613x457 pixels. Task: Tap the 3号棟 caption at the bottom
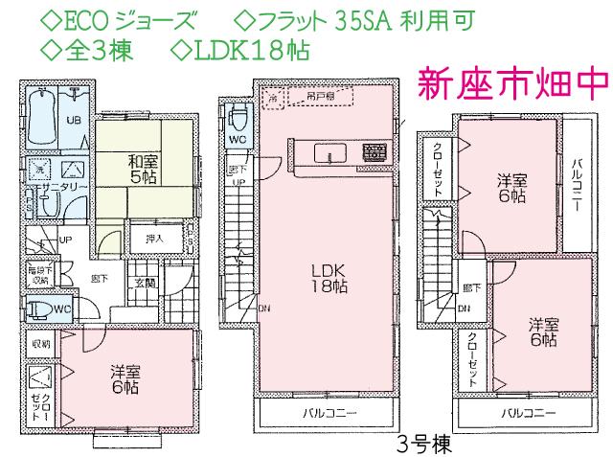pos(419,445)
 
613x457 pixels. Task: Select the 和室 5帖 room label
pos(142,169)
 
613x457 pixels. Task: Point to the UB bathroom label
pos(72,120)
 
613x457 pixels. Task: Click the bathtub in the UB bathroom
pos(41,112)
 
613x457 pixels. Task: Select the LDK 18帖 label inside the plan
pos(326,277)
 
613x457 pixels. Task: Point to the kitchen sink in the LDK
pos(330,153)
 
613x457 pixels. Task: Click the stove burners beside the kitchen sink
pos(374,151)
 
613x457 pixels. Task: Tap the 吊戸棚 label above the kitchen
pos(312,95)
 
